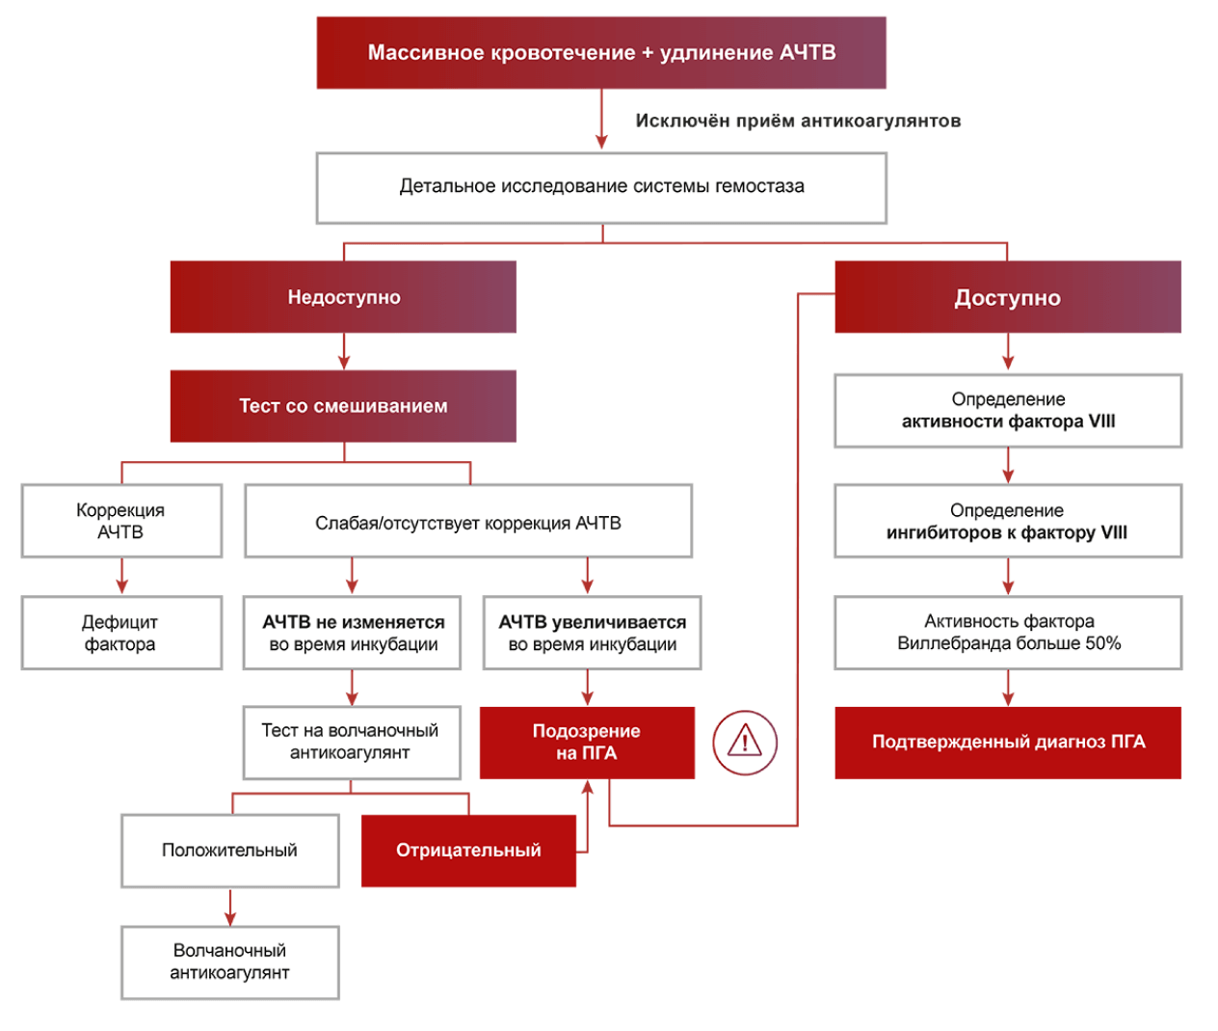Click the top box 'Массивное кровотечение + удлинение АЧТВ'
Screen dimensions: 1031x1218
pyautogui.click(x=601, y=53)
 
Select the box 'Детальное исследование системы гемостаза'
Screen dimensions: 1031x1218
pyautogui.click(x=601, y=187)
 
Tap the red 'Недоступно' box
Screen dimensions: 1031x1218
pyautogui.click(x=343, y=297)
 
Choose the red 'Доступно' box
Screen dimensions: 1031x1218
pyautogui.click(x=1007, y=297)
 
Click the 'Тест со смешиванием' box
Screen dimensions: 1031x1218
pyautogui.click(x=343, y=406)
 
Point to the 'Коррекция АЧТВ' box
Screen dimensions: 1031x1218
pyautogui.click(x=121, y=521)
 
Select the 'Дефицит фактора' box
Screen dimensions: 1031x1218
pyautogui.click(x=121, y=633)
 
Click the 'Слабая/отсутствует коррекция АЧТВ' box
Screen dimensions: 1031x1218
pyautogui.click(x=468, y=522)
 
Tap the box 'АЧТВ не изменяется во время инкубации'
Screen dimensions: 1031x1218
pyautogui.click(x=353, y=633)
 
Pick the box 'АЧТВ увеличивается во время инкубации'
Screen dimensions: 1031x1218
pyautogui.click(x=592, y=633)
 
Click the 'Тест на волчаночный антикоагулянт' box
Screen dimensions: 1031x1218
pyautogui.click(x=351, y=742)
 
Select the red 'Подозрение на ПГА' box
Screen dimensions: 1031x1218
pyautogui.click(x=587, y=742)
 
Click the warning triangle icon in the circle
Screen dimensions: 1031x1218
pyautogui.click(x=745, y=742)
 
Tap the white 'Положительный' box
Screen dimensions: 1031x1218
pyautogui.click(x=229, y=851)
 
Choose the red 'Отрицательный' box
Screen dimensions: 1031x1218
pyautogui.click(x=468, y=851)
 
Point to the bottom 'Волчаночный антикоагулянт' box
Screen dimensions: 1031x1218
pyautogui.click(x=229, y=962)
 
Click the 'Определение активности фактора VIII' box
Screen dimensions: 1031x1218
pyautogui.click(x=1008, y=410)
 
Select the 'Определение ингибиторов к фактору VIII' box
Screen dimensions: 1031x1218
pyautogui.click(x=1008, y=521)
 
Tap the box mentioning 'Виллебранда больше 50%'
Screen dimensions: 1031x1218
pyautogui.click(x=1008, y=633)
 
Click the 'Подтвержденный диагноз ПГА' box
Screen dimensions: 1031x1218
pyautogui.click(x=1008, y=742)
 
